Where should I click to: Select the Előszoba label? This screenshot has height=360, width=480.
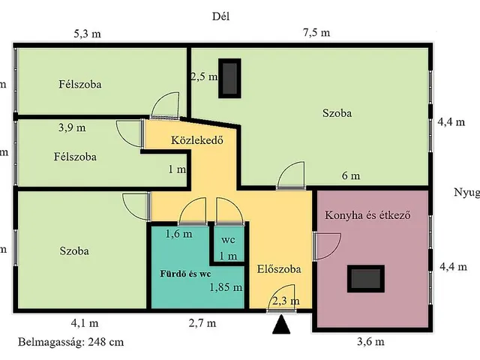coord(279,268)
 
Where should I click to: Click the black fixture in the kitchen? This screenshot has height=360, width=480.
coord(367,278)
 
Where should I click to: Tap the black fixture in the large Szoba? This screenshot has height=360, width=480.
coord(229,79)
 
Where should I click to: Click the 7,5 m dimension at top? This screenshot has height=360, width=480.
coord(315,33)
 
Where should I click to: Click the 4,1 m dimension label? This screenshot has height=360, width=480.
coord(84,324)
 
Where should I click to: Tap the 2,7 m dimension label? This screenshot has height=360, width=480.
coord(202,324)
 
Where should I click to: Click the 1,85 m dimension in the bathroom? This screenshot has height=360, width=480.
coord(226,286)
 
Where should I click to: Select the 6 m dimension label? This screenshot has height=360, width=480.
coord(351,176)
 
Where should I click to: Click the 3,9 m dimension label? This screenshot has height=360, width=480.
coord(72,127)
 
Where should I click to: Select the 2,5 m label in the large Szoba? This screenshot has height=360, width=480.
coord(203,76)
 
